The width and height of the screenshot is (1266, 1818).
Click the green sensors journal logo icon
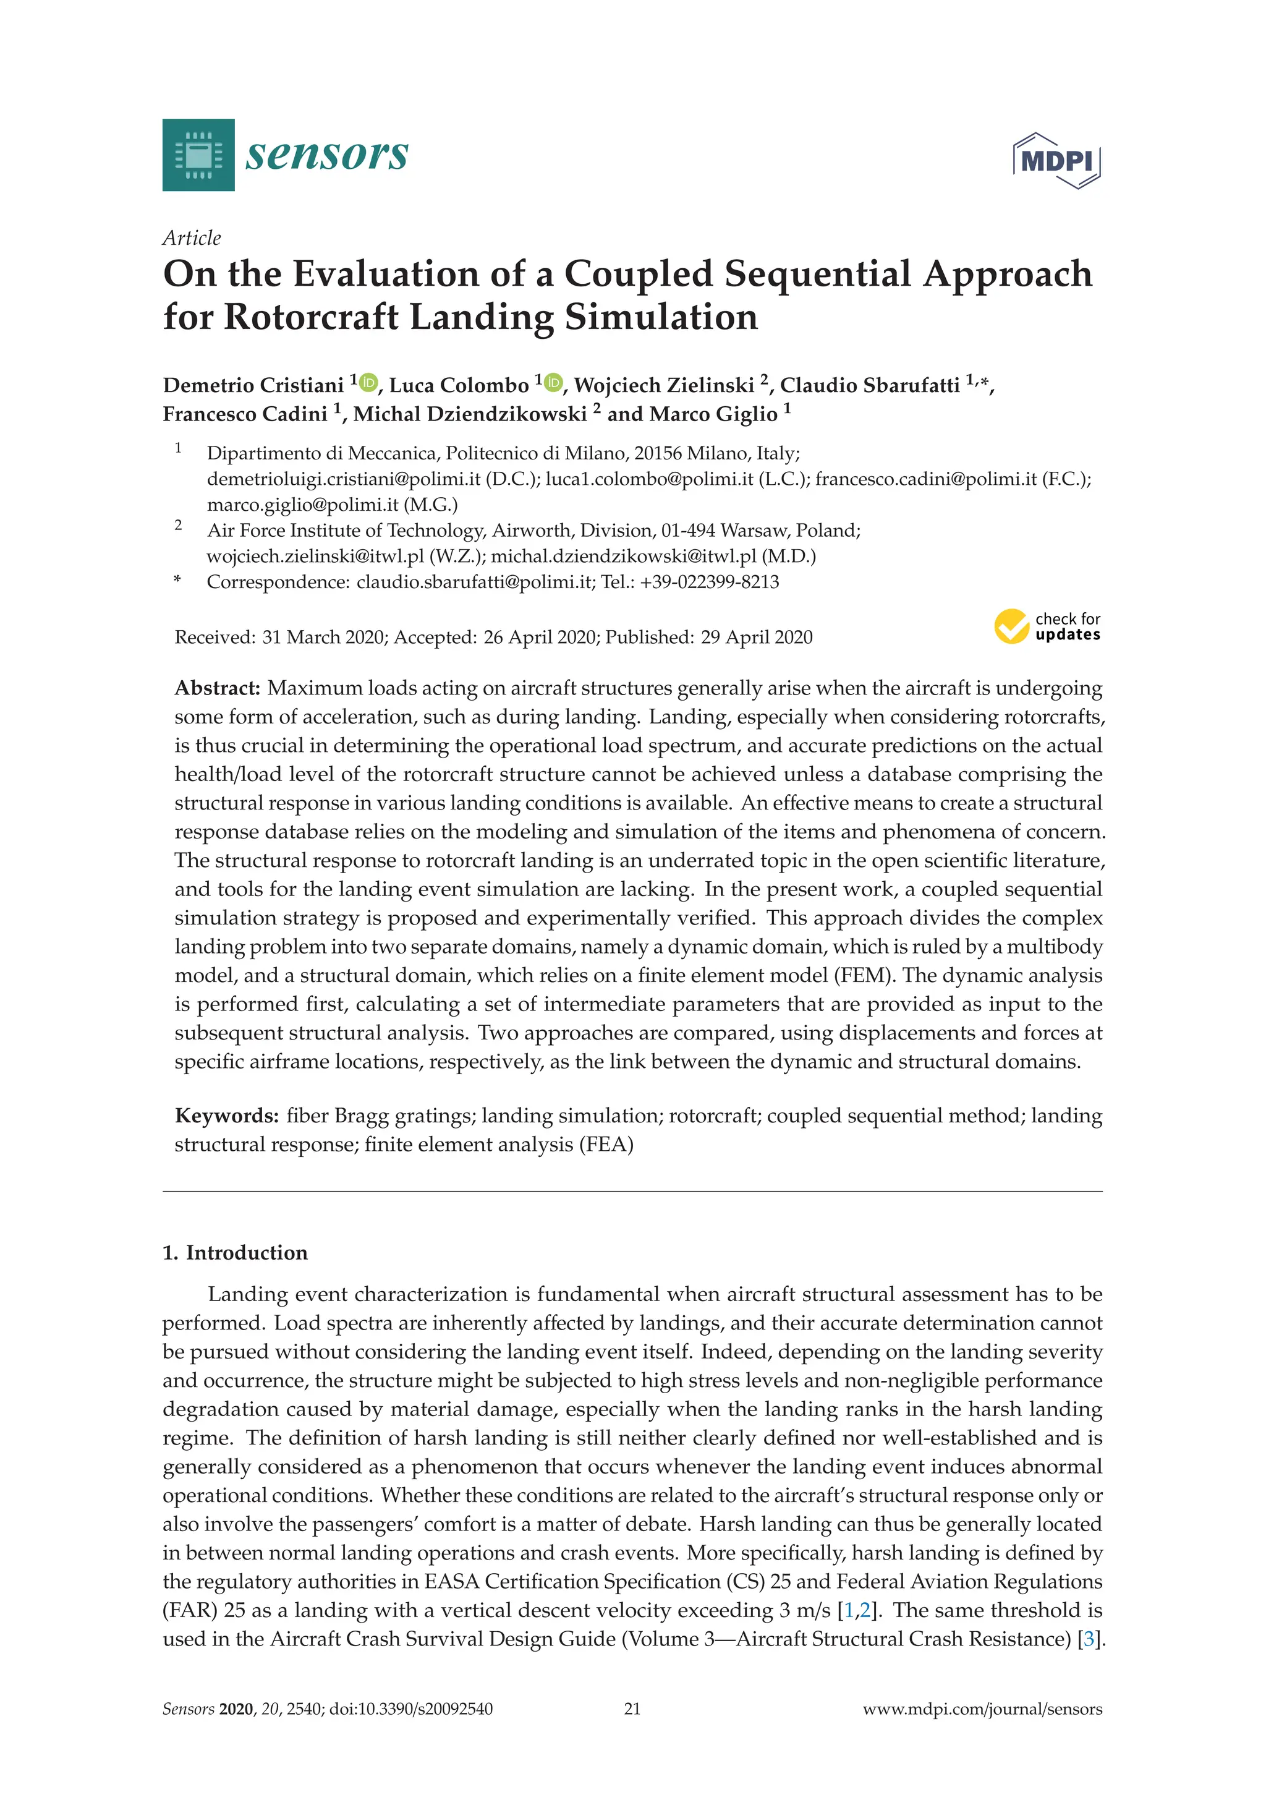(198, 155)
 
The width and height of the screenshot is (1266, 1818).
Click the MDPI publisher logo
(1056, 161)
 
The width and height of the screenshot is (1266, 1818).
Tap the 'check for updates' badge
(1047, 626)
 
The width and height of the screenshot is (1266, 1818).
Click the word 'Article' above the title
(192, 238)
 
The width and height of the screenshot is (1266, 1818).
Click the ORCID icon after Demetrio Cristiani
(368, 383)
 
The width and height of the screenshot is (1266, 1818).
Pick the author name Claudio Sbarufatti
(869, 386)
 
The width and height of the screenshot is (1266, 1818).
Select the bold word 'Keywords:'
(226, 1116)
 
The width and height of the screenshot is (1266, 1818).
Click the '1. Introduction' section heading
(235, 1253)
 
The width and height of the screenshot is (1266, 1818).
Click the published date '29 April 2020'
(756, 638)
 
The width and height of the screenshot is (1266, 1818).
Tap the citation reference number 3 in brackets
(1089, 1639)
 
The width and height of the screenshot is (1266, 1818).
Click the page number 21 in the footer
(632, 1709)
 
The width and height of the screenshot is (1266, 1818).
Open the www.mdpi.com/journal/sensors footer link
(982, 1709)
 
